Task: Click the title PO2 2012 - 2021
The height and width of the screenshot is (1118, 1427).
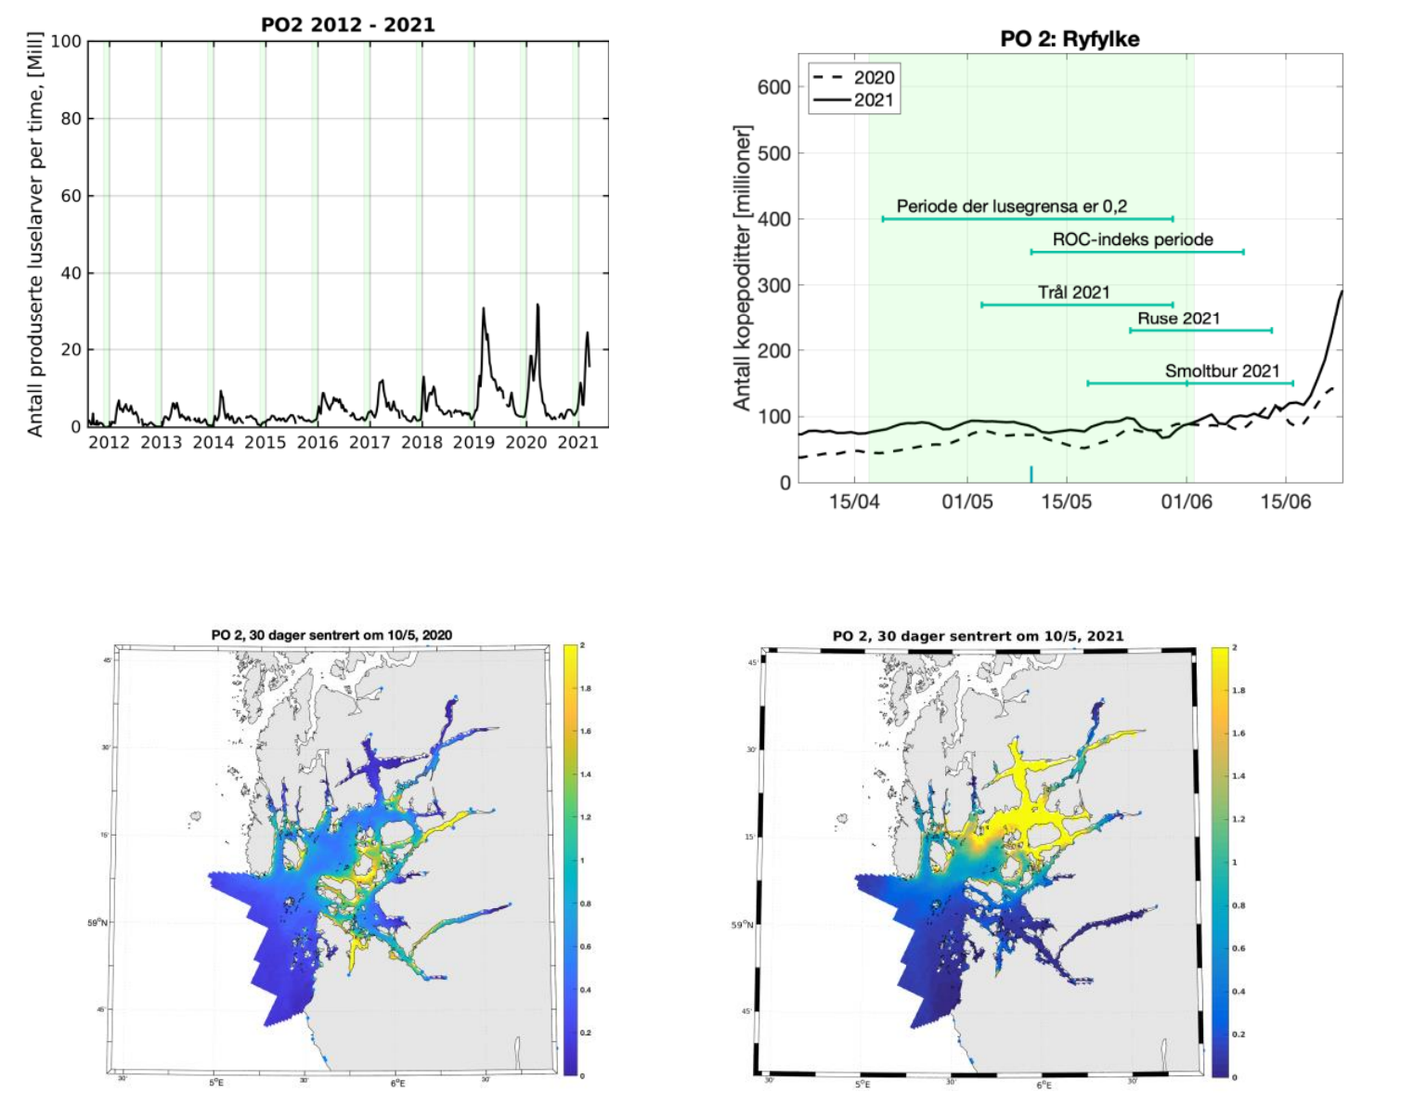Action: (347, 25)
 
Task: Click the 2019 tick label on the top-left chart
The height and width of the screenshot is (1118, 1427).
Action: (474, 443)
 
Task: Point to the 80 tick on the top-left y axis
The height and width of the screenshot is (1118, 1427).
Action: (71, 119)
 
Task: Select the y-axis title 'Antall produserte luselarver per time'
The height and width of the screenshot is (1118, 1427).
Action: (35, 234)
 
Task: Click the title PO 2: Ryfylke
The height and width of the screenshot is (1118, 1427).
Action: (1070, 39)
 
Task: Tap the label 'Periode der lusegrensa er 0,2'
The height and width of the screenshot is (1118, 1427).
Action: (1011, 206)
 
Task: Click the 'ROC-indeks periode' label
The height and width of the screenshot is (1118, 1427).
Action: (1133, 240)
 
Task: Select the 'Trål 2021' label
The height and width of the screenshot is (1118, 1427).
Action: (1073, 292)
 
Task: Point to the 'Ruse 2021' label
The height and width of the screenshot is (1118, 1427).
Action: (1178, 318)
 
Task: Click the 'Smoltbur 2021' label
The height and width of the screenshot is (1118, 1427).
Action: (1222, 371)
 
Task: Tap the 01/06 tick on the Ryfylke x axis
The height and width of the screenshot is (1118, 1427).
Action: (1187, 502)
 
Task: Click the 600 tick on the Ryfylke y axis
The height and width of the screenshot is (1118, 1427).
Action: (774, 87)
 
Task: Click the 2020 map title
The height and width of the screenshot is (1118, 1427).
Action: (331, 635)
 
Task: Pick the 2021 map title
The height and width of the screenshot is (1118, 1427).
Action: (978, 636)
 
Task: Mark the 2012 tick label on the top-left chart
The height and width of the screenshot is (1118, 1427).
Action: (109, 443)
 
